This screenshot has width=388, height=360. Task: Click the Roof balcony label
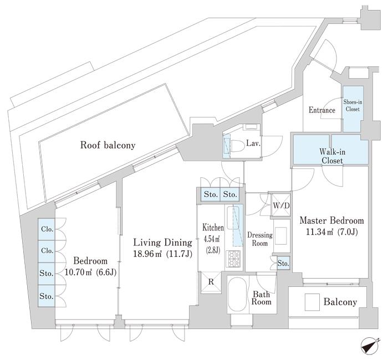(x=108, y=146)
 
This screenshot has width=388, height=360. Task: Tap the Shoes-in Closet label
(x=352, y=106)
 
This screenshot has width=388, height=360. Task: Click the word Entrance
(x=322, y=110)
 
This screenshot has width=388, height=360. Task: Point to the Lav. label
(x=253, y=143)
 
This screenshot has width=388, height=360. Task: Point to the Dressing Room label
(x=258, y=239)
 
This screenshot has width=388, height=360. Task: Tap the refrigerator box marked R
(x=211, y=281)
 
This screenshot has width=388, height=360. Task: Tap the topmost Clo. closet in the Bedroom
(x=46, y=229)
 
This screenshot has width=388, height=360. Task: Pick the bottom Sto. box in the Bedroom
(x=46, y=296)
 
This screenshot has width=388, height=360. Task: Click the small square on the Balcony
(x=313, y=302)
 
